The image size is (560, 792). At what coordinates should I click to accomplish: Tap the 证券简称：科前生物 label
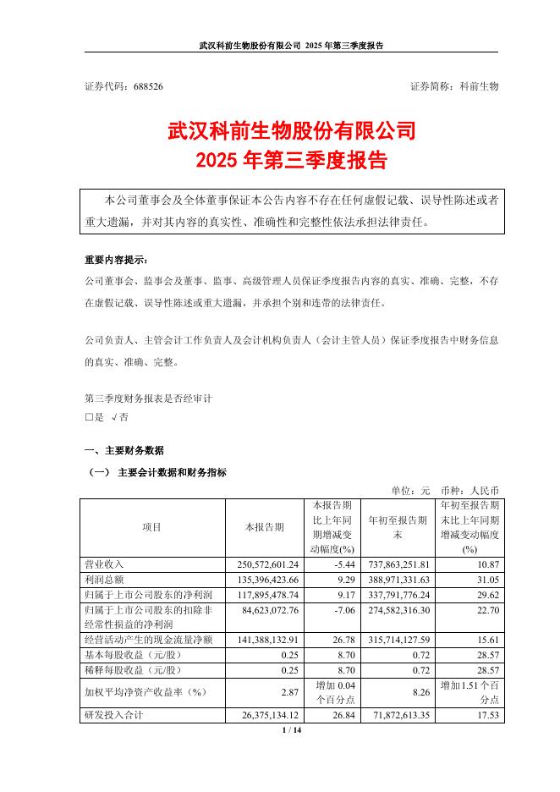(x=454, y=87)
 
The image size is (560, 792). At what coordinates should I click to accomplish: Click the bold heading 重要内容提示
(x=115, y=259)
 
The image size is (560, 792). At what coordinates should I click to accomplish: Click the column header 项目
(x=151, y=526)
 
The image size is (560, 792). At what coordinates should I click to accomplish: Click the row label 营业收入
(x=106, y=564)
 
